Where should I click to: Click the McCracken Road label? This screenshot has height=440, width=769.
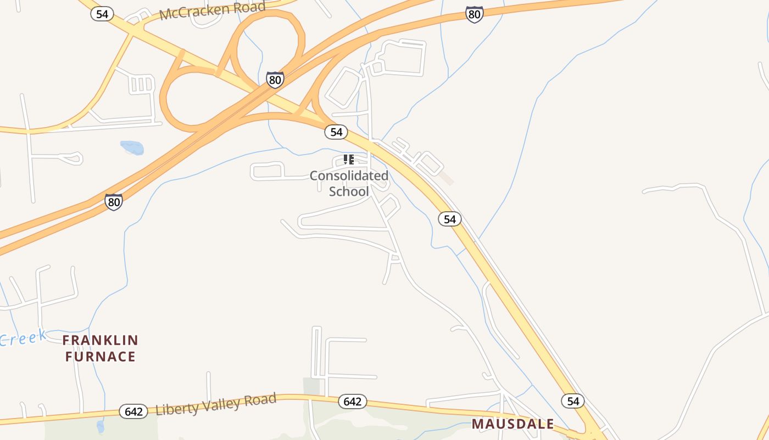tap(212, 10)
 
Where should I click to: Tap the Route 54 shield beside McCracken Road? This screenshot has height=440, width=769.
tap(102, 14)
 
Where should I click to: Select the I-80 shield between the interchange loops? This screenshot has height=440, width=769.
tap(275, 80)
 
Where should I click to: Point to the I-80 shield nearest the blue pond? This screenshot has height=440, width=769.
tap(114, 202)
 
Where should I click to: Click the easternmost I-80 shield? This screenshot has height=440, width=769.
tap(474, 14)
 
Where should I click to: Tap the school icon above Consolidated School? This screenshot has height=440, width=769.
tap(348, 159)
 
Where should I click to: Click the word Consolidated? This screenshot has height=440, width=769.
tap(349, 176)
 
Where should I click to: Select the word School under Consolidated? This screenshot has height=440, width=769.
tap(349, 191)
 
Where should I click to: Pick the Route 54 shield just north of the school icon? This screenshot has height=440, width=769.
tap(336, 132)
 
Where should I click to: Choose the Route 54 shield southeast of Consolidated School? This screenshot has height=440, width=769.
tap(450, 219)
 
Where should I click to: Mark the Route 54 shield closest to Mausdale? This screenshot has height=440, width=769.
tap(573, 401)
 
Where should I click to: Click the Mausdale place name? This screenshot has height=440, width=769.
tap(513, 424)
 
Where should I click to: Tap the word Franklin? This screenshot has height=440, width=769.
tap(100, 340)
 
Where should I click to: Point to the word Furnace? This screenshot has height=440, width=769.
tap(100, 356)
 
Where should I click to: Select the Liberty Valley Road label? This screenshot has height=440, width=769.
tap(216, 404)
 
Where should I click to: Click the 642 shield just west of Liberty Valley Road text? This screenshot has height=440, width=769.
tap(133, 411)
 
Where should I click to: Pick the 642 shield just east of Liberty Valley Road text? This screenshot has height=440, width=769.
tap(352, 402)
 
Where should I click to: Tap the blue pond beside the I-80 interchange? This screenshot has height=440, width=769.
tap(132, 147)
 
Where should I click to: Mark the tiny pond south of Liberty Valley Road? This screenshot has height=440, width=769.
tap(100, 426)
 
